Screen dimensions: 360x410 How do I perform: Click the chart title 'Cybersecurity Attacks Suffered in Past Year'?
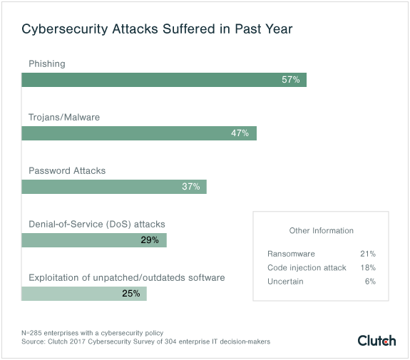click(156, 30)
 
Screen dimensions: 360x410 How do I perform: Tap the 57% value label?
click(290, 80)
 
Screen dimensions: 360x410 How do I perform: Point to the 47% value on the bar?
click(240, 133)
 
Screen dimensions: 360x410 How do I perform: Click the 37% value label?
click(190, 187)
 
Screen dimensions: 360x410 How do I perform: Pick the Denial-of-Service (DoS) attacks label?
click(96, 224)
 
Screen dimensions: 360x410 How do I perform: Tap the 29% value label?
click(150, 240)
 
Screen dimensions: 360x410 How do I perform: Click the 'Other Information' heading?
click(321, 231)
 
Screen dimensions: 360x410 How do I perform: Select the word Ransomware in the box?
click(291, 254)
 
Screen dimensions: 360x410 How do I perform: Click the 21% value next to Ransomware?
click(368, 254)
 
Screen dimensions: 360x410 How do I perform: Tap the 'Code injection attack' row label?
click(307, 268)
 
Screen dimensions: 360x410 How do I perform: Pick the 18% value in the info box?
click(368, 268)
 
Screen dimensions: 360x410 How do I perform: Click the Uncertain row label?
click(285, 282)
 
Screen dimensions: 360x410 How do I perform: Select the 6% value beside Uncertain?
click(370, 282)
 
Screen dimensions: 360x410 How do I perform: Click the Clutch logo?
click(376, 340)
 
